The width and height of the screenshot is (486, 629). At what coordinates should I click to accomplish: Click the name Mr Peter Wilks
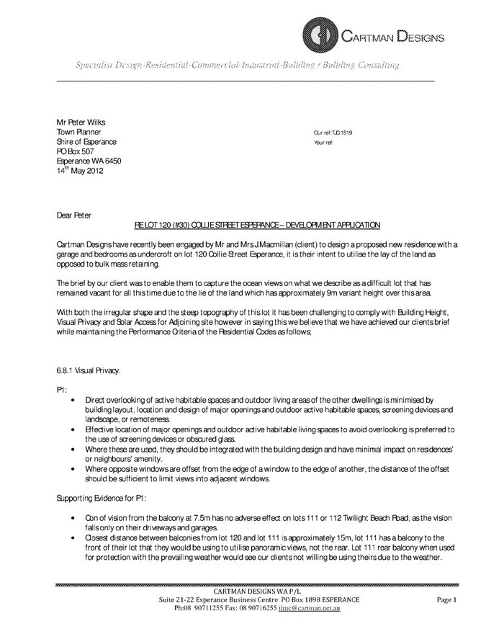pos(81,122)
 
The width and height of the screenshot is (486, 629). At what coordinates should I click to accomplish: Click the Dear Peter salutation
pos(74,214)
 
